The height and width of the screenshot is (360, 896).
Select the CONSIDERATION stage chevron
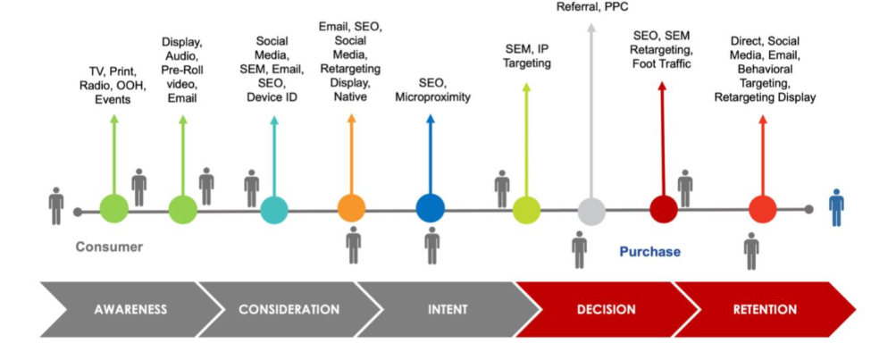coord(289,310)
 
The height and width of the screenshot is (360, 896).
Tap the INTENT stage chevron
coord(448,310)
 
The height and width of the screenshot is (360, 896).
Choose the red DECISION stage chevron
coord(605,310)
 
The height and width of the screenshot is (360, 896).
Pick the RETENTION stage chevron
coord(764,310)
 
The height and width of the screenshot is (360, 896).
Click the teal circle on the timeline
coord(274,210)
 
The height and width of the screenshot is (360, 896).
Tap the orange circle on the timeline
coord(351,210)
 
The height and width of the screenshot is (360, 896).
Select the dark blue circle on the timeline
coord(430,210)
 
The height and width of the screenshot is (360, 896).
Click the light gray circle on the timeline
coord(590,211)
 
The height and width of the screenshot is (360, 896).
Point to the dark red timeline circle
coord(663,210)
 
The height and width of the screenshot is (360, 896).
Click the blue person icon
coord(836,206)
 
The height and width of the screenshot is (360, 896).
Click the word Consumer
coord(108,247)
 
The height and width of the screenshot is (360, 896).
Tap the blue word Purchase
coord(649,252)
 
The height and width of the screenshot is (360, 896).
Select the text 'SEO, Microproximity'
coord(432,89)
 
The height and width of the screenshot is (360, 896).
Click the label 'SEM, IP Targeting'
coord(526,55)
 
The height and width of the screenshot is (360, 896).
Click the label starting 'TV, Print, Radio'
coord(113,85)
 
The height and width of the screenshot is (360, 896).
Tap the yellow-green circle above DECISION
coord(526,210)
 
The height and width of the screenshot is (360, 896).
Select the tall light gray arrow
coord(590,107)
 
